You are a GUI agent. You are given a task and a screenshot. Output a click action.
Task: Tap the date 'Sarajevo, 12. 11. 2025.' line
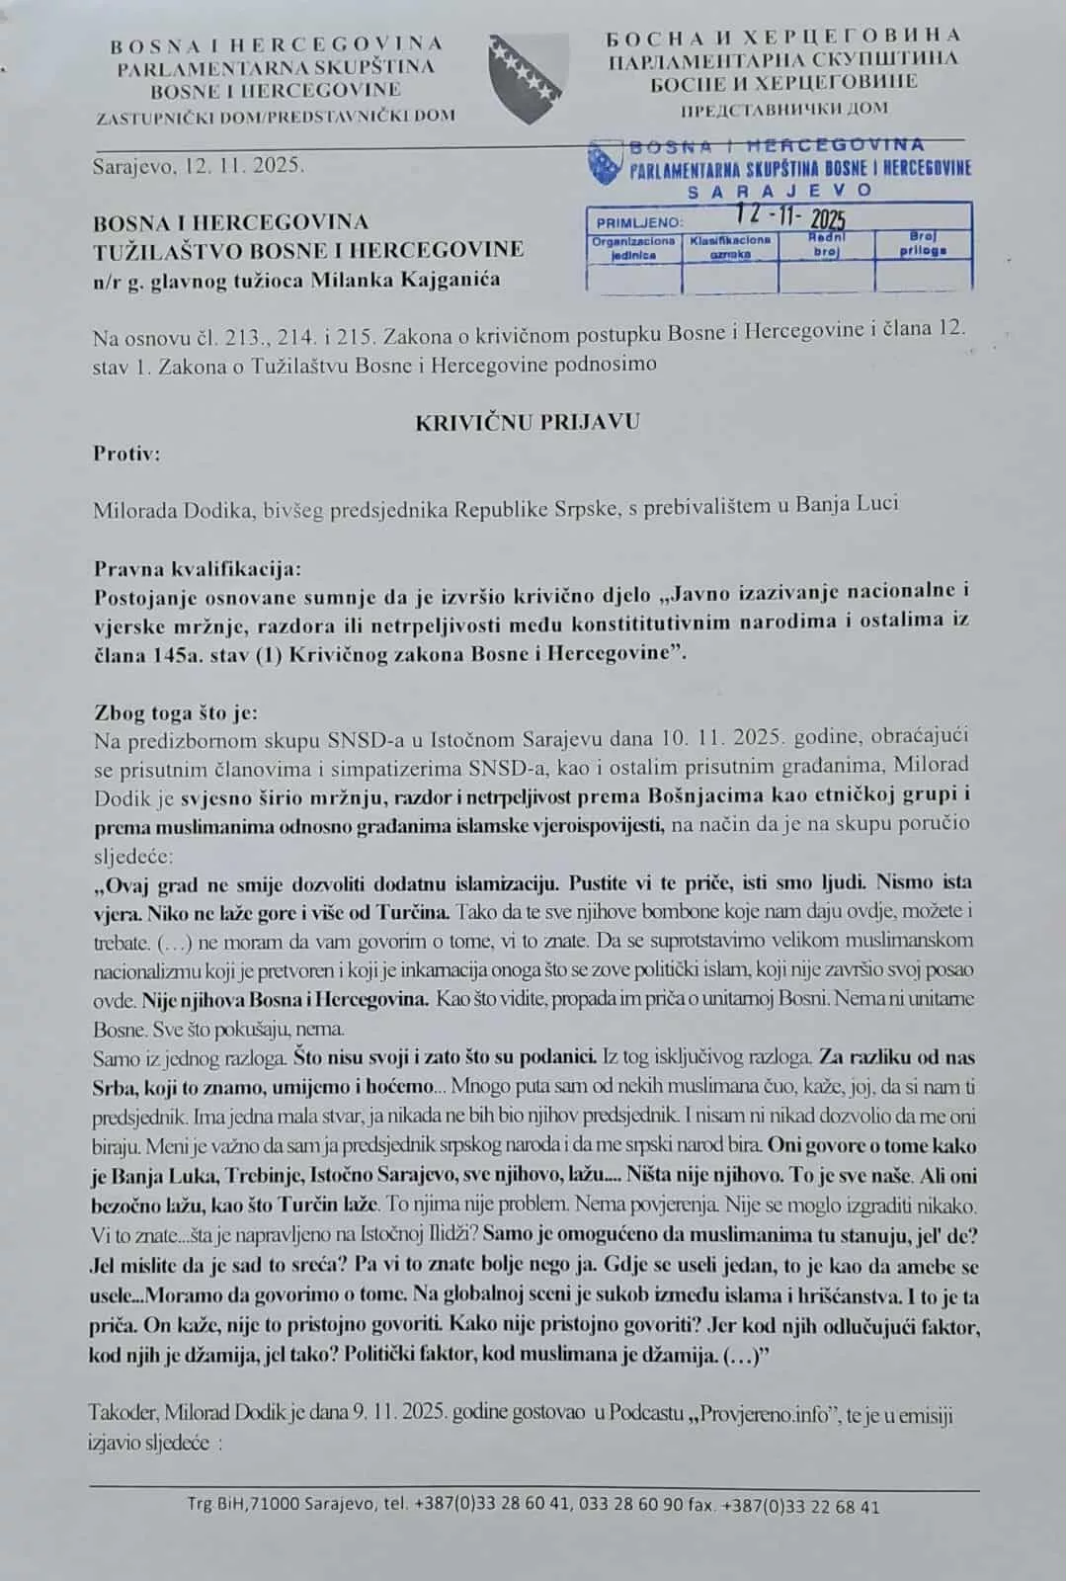[198, 165]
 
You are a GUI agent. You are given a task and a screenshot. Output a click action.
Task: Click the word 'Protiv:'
[126, 454]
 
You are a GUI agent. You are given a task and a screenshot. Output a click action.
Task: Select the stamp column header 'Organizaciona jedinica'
[633, 248]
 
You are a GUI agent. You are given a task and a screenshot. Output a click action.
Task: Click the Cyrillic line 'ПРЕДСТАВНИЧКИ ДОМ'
[783, 108]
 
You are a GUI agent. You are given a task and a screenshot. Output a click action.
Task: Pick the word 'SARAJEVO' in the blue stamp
[779, 190]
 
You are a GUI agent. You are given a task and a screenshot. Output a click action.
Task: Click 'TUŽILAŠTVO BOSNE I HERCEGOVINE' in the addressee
[308, 249]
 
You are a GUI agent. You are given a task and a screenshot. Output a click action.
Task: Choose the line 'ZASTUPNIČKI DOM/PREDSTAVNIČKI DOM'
[276, 116]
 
